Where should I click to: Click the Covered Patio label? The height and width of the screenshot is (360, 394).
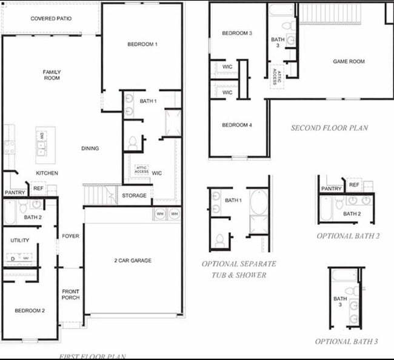pyautogui.click(x=51, y=19)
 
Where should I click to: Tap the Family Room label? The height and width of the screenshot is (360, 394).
pyautogui.click(x=52, y=75)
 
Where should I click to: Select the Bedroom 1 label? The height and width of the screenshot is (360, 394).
pyautogui.click(x=142, y=44)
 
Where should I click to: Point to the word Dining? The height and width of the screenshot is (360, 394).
pyautogui.click(x=90, y=148)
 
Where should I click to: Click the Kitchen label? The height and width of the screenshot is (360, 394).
pyautogui.click(x=47, y=173)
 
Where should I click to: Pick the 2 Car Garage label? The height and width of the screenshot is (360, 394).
pyautogui.click(x=133, y=261)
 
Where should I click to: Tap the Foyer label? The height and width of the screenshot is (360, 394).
pyautogui.click(x=70, y=236)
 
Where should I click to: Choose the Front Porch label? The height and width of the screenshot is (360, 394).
pyautogui.click(x=70, y=295)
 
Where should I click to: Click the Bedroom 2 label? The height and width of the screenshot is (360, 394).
pyautogui.click(x=30, y=311)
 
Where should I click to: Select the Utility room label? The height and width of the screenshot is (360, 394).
pyautogui.click(x=20, y=241)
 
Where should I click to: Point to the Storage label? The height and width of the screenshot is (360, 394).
pyautogui.click(x=134, y=196)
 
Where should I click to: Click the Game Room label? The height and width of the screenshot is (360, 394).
pyautogui.click(x=349, y=61)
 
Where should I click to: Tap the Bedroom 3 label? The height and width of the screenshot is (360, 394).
pyautogui.click(x=237, y=33)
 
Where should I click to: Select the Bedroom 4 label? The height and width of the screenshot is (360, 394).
pyautogui.click(x=236, y=125)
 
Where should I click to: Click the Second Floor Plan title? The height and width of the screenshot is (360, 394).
pyautogui.click(x=329, y=128)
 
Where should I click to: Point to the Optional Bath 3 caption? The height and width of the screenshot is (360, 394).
pyautogui.click(x=347, y=342)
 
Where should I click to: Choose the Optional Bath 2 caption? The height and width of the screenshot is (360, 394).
pyautogui.click(x=348, y=236)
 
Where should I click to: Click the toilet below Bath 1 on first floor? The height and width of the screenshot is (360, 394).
pyautogui.click(x=133, y=143)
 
